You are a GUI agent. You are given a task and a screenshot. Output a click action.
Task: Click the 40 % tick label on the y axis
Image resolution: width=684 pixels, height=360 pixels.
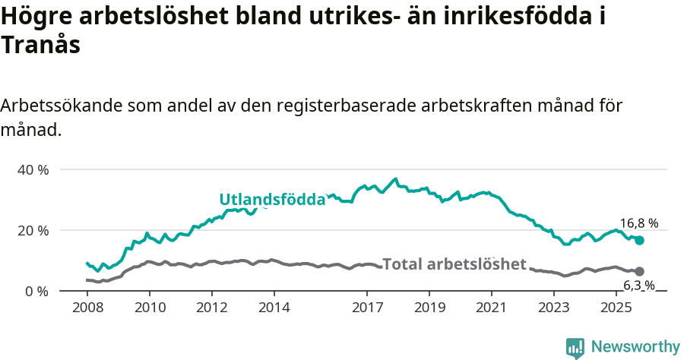(33, 169)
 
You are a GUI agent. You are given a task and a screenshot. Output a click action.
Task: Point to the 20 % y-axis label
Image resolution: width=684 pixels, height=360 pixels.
(33, 230)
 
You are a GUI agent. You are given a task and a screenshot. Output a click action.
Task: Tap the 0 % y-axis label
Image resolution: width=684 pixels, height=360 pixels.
(36, 291)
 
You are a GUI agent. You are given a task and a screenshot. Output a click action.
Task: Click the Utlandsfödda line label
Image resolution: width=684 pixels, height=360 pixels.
(272, 200)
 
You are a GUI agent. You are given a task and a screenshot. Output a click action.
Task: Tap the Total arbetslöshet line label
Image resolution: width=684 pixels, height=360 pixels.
(454, 264)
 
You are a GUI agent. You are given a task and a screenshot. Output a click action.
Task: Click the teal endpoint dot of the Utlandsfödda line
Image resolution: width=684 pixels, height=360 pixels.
(640, 240)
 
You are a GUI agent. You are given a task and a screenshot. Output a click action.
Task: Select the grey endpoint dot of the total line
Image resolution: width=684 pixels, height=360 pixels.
(640, 271)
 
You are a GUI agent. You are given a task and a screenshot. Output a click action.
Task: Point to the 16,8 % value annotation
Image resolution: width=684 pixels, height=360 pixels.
(638, 223)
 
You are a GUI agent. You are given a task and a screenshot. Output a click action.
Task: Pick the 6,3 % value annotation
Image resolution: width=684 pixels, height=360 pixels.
(638, 286)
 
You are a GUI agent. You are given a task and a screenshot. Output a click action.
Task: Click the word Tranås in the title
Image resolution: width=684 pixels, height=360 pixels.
(41, 45)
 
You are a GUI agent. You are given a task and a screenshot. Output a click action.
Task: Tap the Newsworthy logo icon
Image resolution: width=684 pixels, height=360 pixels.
(575, 348)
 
